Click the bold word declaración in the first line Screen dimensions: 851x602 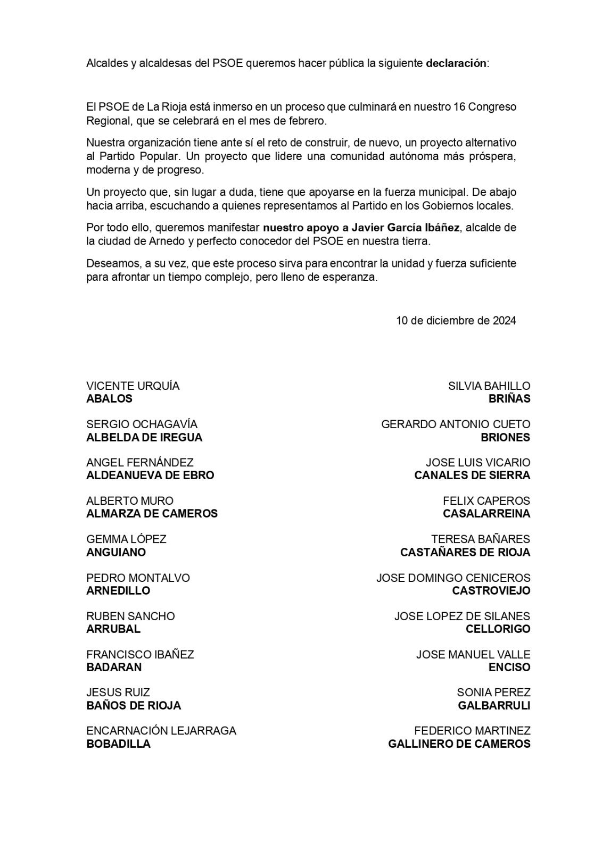(456, 63)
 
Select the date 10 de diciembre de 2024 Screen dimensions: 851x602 (456, 321)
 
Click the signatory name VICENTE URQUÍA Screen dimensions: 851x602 (133, 386)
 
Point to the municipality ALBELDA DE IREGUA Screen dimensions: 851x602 (144, 437)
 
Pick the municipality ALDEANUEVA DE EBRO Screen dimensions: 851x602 (150, 475)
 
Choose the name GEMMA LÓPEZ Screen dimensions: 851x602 (126, 539)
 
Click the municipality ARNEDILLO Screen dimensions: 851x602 (118, 590)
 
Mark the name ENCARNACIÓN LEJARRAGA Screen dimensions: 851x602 (161, 731)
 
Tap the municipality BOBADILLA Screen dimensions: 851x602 (118, 744)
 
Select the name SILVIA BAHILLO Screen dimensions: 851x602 (489, 386)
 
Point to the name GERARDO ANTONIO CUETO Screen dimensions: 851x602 (456, 424)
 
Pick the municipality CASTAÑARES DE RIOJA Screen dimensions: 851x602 (465, 552)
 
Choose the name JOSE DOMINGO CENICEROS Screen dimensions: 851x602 (453, 578)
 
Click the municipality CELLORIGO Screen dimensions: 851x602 (498, 629)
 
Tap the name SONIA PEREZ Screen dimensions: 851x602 (493, 693)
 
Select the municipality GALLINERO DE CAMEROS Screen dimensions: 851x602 (459, 744)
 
